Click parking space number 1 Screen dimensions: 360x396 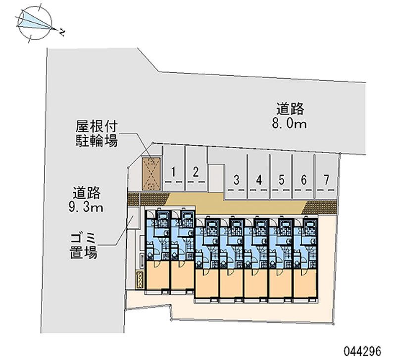[174, 172]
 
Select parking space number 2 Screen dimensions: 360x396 [196, 172]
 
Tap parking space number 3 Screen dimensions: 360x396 [237, 179]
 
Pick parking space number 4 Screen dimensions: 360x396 [259, 179]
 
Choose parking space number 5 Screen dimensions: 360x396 [281, 179]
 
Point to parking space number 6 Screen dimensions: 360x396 [303, 179]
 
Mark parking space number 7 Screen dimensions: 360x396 [326, 179]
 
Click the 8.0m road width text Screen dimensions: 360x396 [289, 124]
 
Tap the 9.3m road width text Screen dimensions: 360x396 [86, 207]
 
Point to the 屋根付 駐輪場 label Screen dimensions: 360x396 [96, 133]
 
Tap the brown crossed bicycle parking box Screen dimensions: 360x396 [150, 173]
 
